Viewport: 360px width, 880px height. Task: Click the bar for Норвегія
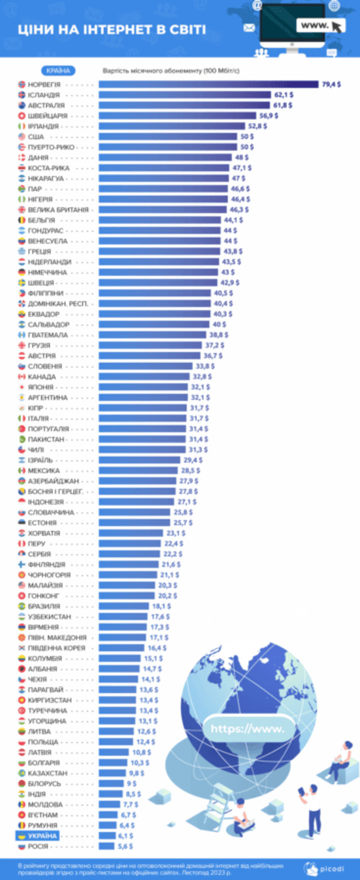coord(208,84)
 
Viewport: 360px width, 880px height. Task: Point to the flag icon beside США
coord(22,137)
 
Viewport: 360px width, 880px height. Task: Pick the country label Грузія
coord(39,345)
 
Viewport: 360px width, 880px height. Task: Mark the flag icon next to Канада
coord(22,377)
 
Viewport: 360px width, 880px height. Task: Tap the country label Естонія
coord(42,522)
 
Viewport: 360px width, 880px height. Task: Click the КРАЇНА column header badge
coord(58,71)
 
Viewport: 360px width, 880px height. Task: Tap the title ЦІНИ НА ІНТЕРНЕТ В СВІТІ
coord(111,30)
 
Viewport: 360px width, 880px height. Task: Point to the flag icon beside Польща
coord(22,742)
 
